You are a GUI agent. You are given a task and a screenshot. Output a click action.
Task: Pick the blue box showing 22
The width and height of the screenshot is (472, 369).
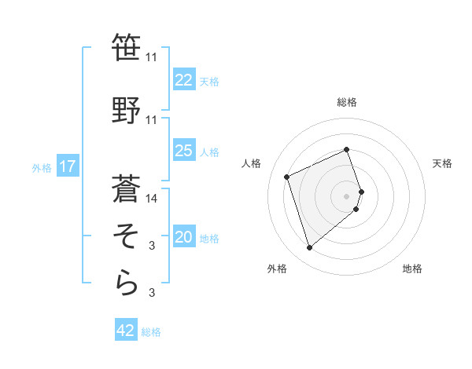(183, 80)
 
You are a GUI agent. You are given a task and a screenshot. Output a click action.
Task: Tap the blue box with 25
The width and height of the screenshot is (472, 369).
(183, 152)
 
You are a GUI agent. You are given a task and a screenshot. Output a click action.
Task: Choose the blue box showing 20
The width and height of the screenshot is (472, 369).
(183, 238)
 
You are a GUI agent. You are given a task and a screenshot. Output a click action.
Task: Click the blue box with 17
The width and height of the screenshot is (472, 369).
(67, 166)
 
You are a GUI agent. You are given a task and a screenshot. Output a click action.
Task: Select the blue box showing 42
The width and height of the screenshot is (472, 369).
(126, 331)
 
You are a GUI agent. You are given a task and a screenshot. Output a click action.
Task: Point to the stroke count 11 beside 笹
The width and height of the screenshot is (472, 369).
(152, 57)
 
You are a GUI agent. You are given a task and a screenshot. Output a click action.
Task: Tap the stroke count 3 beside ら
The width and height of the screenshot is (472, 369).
(152, 294)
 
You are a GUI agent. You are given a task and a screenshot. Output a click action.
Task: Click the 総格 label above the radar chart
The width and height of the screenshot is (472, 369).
(347, 102)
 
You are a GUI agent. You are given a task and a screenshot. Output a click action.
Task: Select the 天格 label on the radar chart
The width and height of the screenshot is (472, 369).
(442, 163)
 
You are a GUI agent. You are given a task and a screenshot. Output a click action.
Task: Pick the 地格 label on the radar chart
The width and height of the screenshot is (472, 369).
(412, 269)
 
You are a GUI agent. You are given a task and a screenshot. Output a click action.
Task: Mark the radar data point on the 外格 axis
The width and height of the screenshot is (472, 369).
(309, 248)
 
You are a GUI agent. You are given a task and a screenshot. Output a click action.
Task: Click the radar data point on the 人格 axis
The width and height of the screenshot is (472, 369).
(287, 175)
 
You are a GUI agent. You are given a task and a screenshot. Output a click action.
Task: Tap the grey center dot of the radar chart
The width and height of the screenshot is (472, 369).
(347, 195)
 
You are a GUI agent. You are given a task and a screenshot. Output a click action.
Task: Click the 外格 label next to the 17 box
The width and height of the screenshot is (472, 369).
(41, 167)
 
